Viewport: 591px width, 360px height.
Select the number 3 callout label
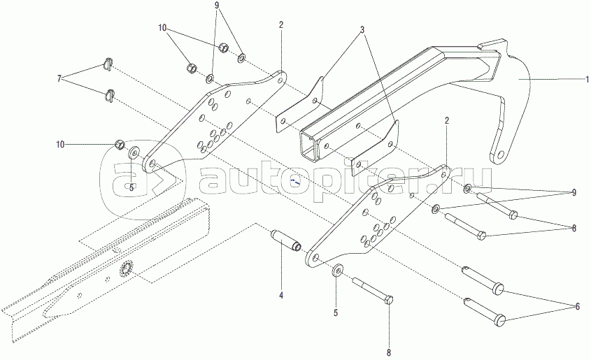coord(363,31)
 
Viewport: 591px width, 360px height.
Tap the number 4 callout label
coord(281,296)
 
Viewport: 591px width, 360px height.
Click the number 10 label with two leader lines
coord(162,29)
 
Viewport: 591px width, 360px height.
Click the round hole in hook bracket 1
coord(499,154)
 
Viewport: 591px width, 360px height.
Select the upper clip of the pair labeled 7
coord(107,64)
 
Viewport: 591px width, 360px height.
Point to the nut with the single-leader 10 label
coord(120,145)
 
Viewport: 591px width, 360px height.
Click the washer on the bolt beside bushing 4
coord(339,270)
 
